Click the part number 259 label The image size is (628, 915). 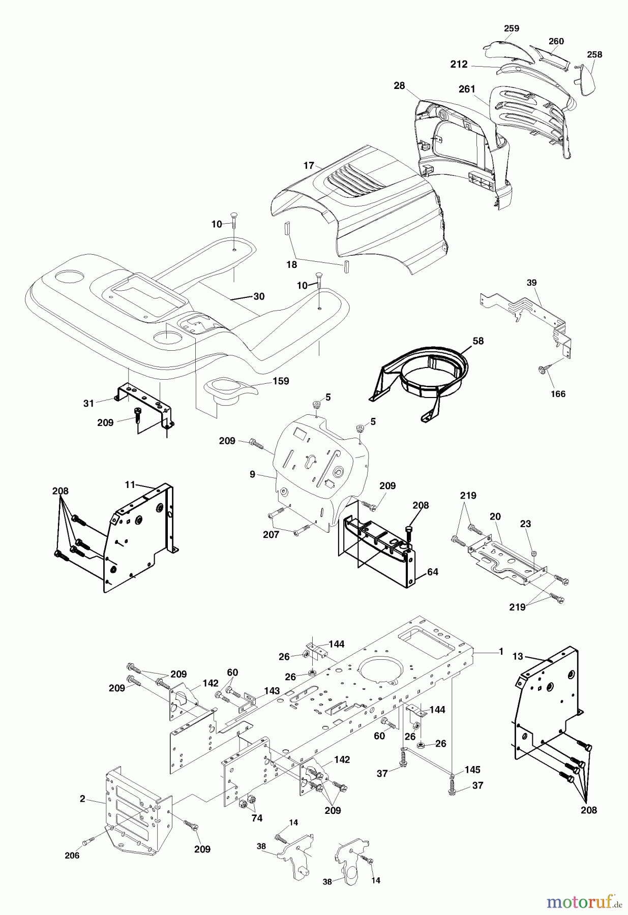512,28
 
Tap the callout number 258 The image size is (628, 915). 594,54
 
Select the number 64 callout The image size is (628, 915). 432,572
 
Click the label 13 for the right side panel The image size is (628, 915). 517,656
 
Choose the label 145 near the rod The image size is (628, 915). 472,770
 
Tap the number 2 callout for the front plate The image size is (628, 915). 82,799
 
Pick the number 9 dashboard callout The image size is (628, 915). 252,475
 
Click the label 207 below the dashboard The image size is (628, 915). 271,534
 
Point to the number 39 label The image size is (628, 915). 531,283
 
